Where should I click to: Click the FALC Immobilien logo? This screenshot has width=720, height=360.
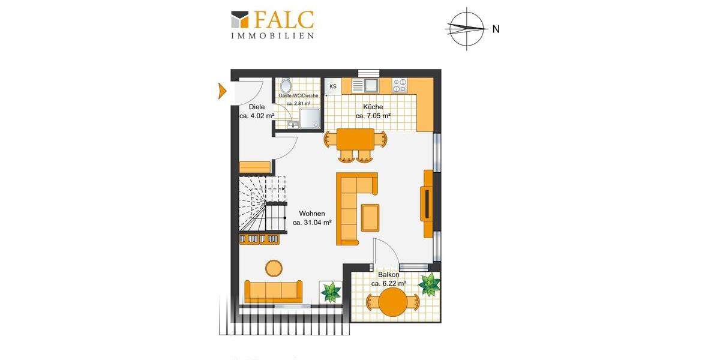tap(272, 24)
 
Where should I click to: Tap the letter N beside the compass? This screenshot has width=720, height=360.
tap(496, 29)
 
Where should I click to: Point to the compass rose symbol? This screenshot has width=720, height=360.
tap(466, 28)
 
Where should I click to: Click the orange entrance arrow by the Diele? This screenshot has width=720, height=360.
tap(222, 92)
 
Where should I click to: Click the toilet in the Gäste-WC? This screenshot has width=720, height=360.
tap(286, 85)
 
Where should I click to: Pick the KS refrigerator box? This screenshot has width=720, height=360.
tap(332, 87)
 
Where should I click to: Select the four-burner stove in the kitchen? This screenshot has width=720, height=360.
tap(400, 86)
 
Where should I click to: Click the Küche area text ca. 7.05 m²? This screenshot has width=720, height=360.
tap(373, 116)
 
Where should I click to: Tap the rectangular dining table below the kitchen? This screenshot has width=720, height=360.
tap(355, 140)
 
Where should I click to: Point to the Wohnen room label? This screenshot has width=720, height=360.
tap(312, 214)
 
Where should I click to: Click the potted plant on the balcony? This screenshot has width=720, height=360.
tap(429, 284)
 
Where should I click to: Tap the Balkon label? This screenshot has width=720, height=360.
tap(388, 275)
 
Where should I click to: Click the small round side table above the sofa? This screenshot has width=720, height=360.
tap(275, 268)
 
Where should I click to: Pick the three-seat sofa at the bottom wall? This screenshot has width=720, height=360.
tap(274, 291)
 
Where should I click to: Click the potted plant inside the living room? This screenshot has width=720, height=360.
tap(330, 292)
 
